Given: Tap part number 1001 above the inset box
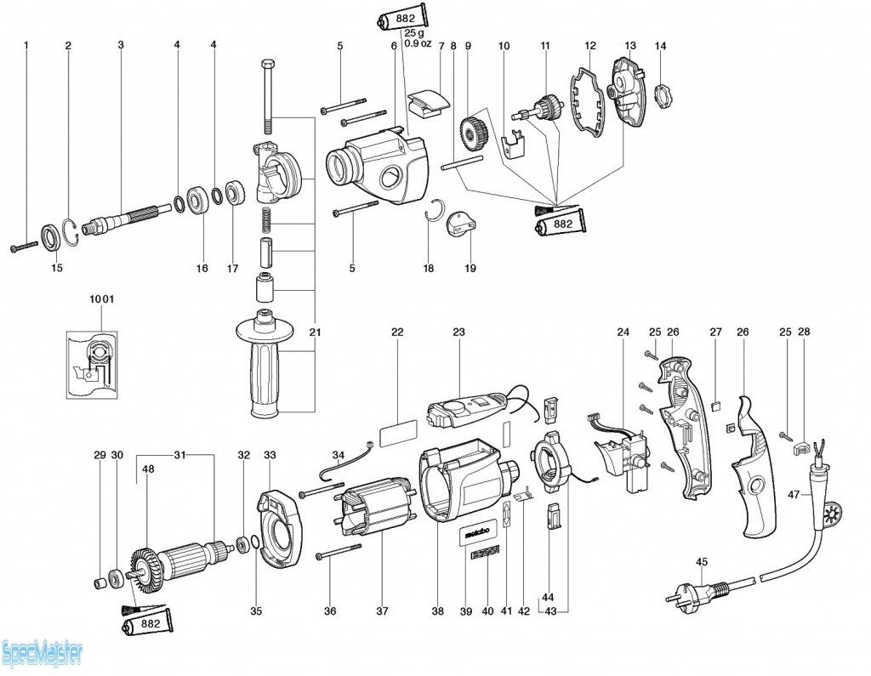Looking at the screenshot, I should (101, 299).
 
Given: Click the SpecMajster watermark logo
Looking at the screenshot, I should (43, 654).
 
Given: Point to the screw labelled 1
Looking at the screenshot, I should (24, 247).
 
